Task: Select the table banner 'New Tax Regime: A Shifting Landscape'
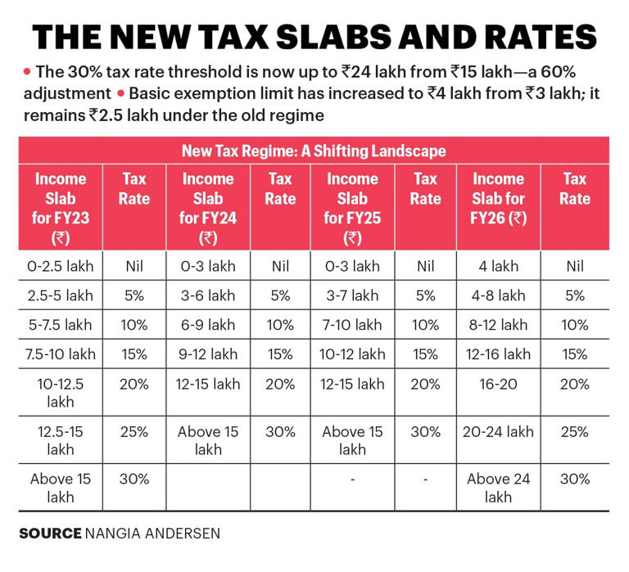(x=314, y=151)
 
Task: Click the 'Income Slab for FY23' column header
(x=59, y=208)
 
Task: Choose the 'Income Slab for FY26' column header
(x=498, y=199)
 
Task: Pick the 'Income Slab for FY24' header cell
(x=207, y=208)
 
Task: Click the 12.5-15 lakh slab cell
(x=59, y=439)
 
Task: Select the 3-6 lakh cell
(x=207, y=295)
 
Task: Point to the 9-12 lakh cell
(x=207, y=354)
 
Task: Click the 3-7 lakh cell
(x=352, y=295)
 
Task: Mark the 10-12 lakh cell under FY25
(x=352, y=354)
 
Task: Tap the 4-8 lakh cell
(x=498, y=295)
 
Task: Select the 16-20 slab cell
(x=498, y=384)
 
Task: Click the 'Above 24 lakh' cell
(x=498, y=488)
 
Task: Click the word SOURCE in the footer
(x=49, y=534)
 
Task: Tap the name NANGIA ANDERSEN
(x=152, y=534)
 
